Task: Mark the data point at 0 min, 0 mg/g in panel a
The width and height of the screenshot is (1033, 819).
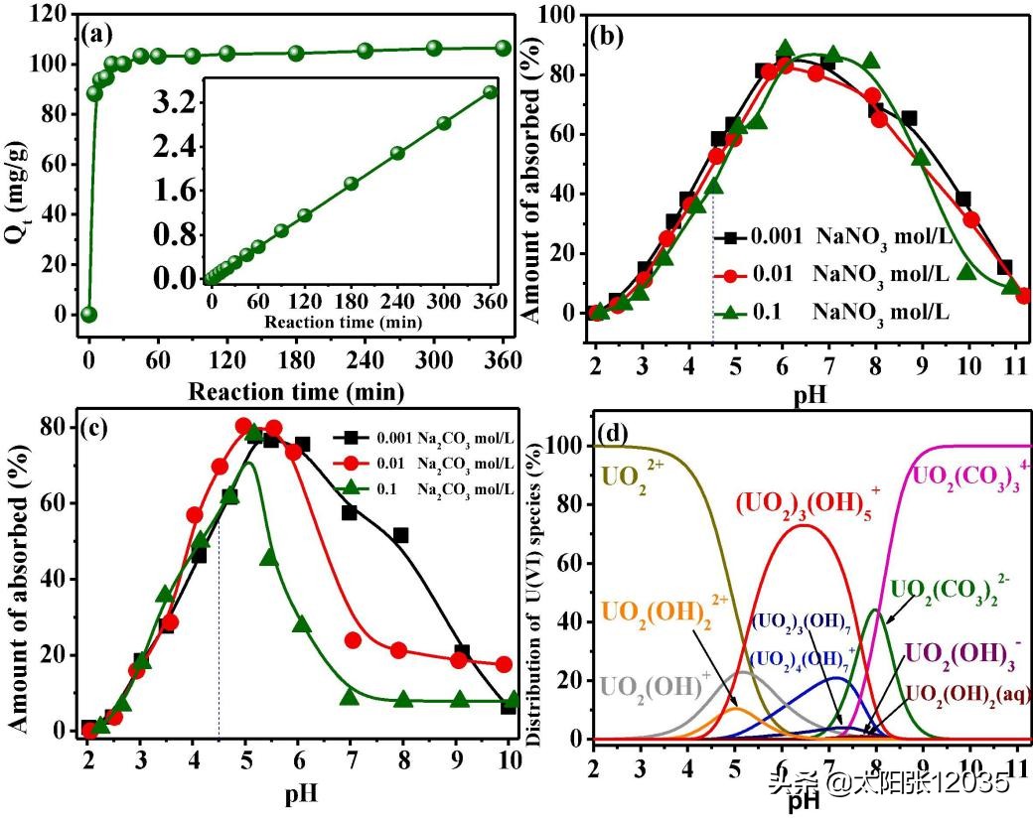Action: [x=89, y=315]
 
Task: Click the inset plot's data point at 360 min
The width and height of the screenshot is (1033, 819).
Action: [x=490, y=92]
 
